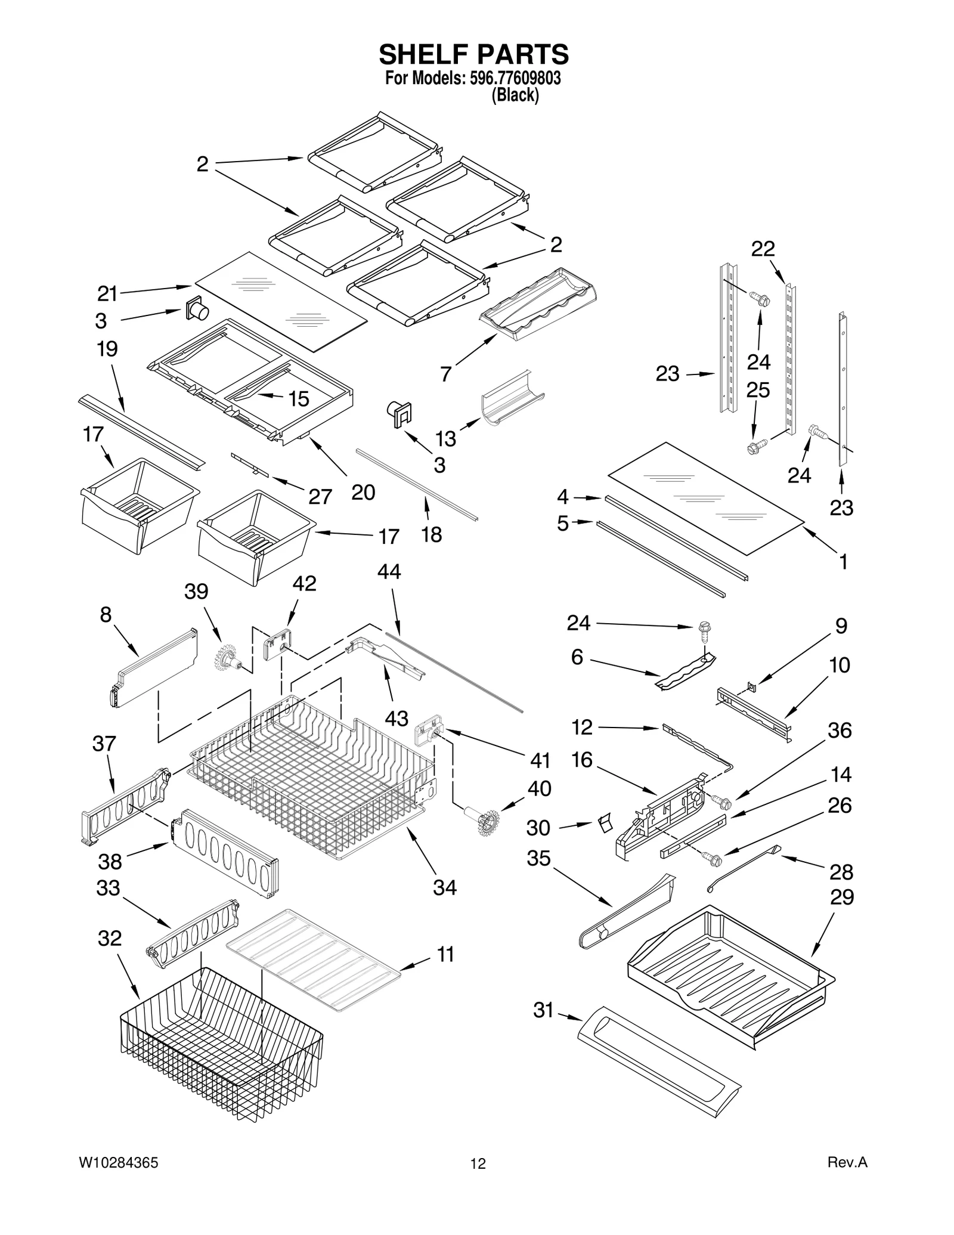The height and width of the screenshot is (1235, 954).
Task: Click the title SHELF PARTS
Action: (x=474, y=54)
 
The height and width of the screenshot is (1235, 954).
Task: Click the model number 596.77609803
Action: (x=511, y=78)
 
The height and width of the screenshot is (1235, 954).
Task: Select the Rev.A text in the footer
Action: (x=847, y=1162)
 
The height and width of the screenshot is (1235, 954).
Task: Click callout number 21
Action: (x=107, y=293)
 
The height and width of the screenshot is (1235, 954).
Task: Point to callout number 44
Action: (x=389, y=572)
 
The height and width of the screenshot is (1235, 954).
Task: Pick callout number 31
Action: (x=543, y=1010)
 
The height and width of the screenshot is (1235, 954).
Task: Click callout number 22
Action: (x=763, y=249)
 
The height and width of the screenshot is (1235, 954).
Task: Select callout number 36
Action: (x=840, y=730)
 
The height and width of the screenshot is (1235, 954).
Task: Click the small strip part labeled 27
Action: (x=250, y=465)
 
